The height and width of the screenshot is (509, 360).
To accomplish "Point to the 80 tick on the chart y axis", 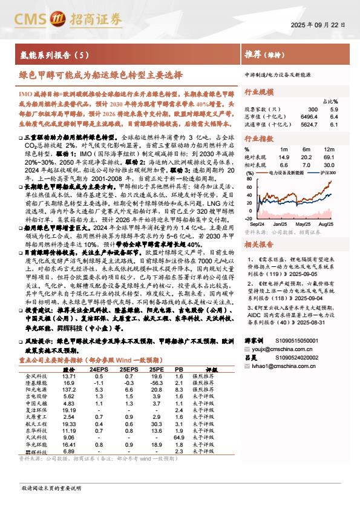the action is point(248,178).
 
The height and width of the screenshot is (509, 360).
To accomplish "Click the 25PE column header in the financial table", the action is point(156,369).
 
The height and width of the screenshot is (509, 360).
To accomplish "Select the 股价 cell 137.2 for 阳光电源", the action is point(68,390).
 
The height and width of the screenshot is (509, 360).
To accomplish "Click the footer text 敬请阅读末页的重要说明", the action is point(47,487).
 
